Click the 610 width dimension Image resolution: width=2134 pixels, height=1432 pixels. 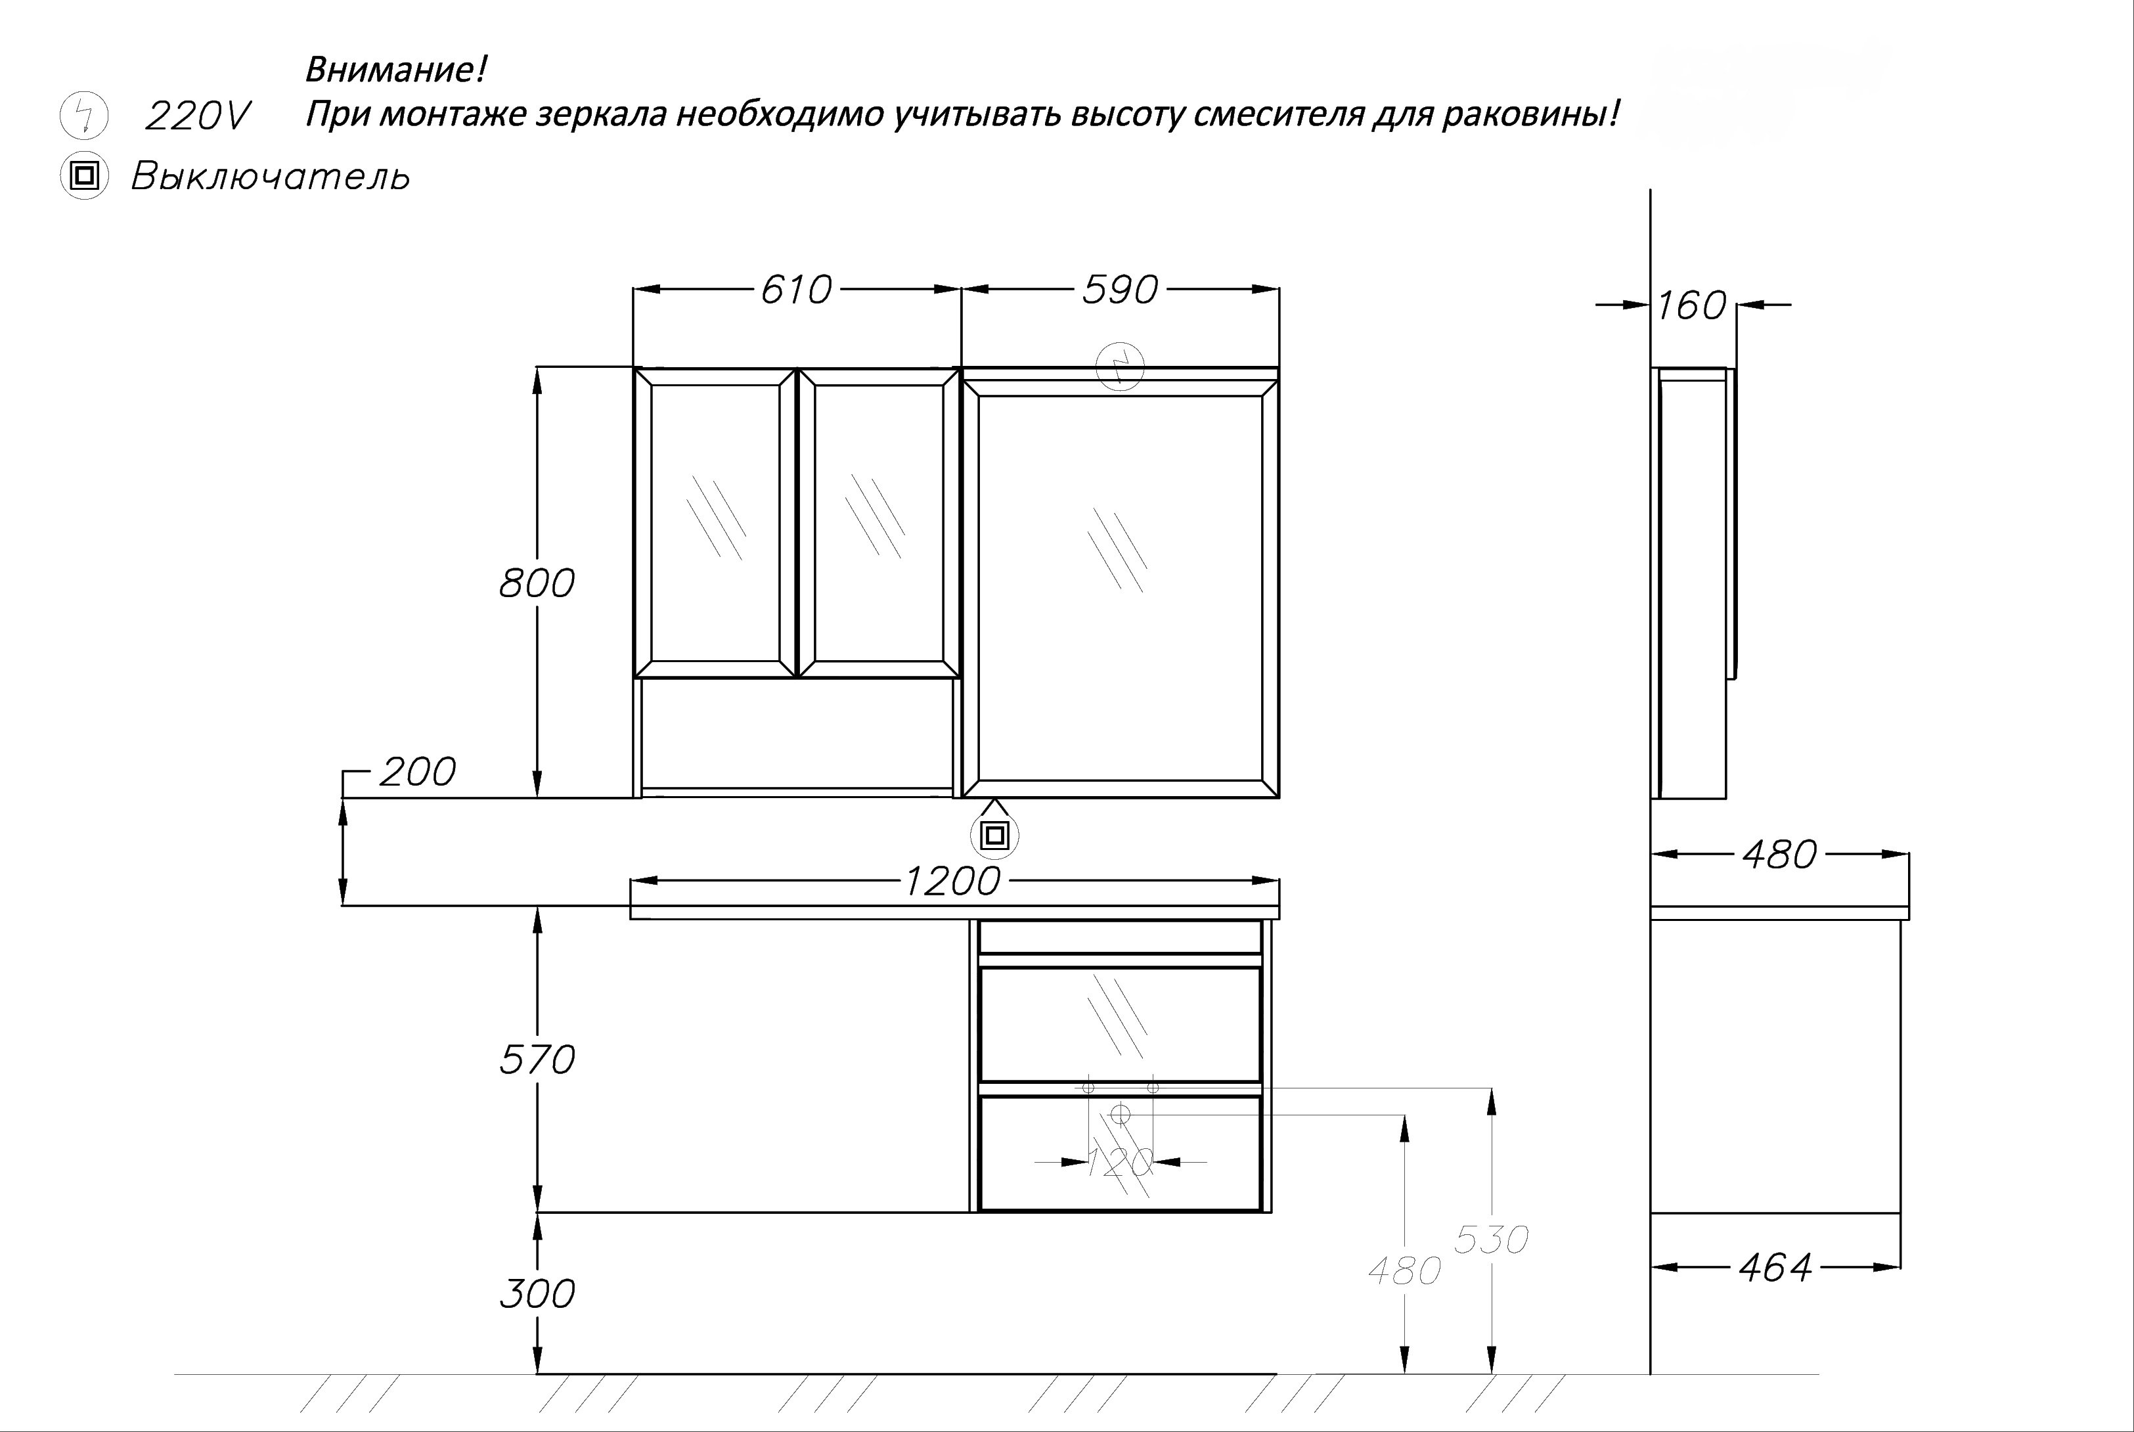click(x=795, y=290)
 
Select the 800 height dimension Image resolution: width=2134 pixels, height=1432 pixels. click(x=537, y=583)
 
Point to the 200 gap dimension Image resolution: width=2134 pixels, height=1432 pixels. click(x=416, y=772)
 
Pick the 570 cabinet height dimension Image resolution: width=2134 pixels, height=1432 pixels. click(x=537, y=1060)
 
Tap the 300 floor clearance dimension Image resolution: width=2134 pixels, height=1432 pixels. click(x=537, y=1293)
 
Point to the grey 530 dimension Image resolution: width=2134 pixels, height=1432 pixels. click(x=1490, y=1240)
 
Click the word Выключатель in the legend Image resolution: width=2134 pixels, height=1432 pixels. click(x=271, y=176)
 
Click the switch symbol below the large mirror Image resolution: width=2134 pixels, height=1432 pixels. click(x=994, y=835)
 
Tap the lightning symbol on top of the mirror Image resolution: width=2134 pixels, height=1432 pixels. click(x=1119, y=367)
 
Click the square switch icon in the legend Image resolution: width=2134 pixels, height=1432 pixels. click(x=84, y=175)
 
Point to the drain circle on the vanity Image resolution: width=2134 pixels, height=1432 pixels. click(x=1121, y=1113)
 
